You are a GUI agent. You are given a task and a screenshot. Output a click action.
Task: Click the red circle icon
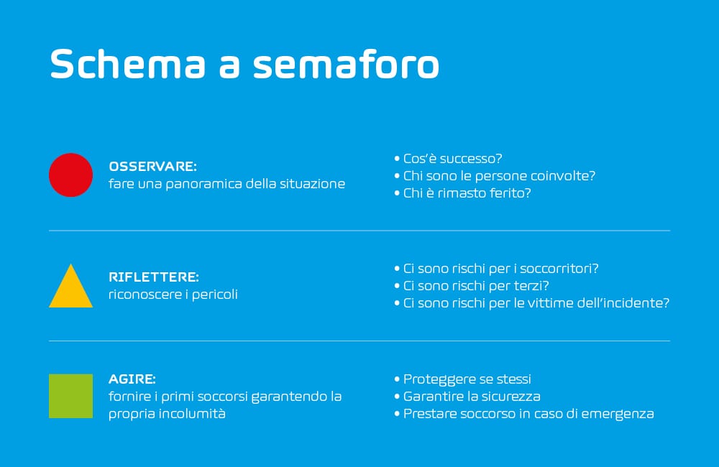coord(70,175)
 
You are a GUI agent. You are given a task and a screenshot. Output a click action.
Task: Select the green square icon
coord(70,396)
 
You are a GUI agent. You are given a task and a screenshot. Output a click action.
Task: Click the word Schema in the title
coord(127,63)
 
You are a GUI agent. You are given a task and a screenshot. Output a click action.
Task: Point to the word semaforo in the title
coord(347,63)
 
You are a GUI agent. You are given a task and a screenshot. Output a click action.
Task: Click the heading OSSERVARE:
coord(152,167)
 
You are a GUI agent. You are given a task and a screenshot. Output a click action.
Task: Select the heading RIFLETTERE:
coord(154,277)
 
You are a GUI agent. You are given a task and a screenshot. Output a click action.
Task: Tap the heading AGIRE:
coord(132,379)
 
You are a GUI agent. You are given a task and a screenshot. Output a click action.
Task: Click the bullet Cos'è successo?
coord(448,159)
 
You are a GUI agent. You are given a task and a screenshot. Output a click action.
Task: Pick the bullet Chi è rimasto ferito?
coord(462,193)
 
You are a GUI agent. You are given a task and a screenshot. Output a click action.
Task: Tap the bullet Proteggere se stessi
coord(462,379)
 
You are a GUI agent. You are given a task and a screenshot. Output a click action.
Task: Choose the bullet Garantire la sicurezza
coord(467,397)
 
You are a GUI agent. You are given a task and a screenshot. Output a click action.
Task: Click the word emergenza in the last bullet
coord(617,414)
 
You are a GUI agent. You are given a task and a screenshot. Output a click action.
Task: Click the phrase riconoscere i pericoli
coord(173,295)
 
